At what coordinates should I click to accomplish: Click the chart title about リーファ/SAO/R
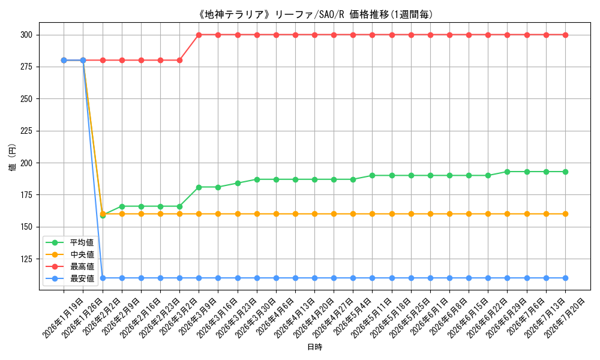(315, 14)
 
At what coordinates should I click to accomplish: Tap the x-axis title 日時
(314, 347)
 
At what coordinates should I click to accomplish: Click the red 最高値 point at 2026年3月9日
(199, 35)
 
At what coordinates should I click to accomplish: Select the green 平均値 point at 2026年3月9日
(199, 187)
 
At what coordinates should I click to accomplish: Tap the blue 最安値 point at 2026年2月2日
(103, 278)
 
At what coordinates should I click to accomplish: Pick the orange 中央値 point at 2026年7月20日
(565, 214)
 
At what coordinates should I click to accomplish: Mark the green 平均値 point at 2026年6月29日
(508, 172)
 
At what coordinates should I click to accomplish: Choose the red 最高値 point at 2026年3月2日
(179, 61)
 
